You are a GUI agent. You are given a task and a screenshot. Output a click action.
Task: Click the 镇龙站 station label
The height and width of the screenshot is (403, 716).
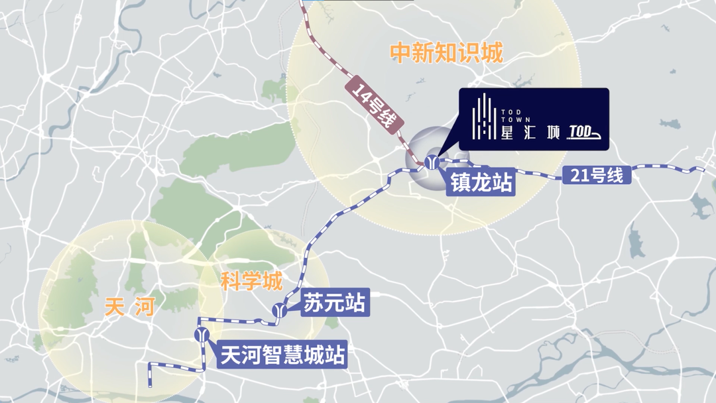pyautogui.click(x=482, y=182)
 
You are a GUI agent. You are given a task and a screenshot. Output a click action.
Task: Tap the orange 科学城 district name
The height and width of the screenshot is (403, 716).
pyautogui.click(x=251, y=282)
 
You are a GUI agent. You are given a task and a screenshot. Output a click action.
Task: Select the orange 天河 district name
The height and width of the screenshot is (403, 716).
pyautogui.click(x=129, y=307)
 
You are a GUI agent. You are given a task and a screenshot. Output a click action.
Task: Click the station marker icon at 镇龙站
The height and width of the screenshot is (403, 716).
pyautogui.click(x=432, y=162)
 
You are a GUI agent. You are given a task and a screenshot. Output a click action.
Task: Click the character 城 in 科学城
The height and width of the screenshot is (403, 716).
pyautogui.click(x=272, y=282)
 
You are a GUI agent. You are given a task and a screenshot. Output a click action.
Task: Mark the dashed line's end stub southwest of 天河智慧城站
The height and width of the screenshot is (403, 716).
pyautogui.click(x=149, y=380)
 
